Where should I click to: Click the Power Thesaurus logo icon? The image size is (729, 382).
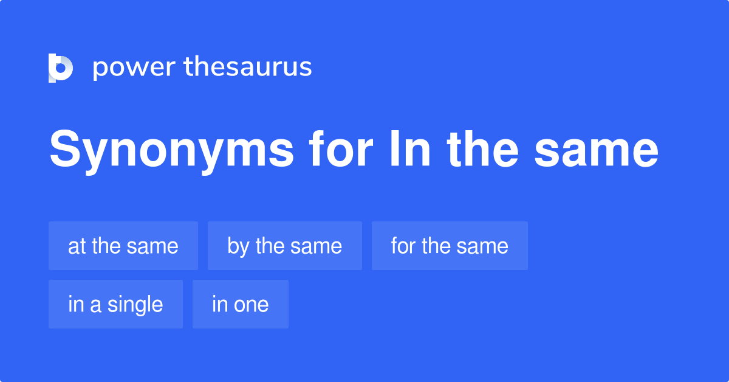point(61,68)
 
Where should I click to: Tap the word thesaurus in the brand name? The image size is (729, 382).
point(248,68)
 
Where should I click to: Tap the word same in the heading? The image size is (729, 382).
point(597,152)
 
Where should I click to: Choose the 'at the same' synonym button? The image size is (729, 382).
point(123,246)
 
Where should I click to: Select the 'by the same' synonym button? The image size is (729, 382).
point(284,246)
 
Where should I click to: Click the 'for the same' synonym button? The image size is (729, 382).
point(450,246)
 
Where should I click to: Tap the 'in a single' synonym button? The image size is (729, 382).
point(115,304)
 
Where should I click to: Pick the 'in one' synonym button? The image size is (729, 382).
point(240,304)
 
